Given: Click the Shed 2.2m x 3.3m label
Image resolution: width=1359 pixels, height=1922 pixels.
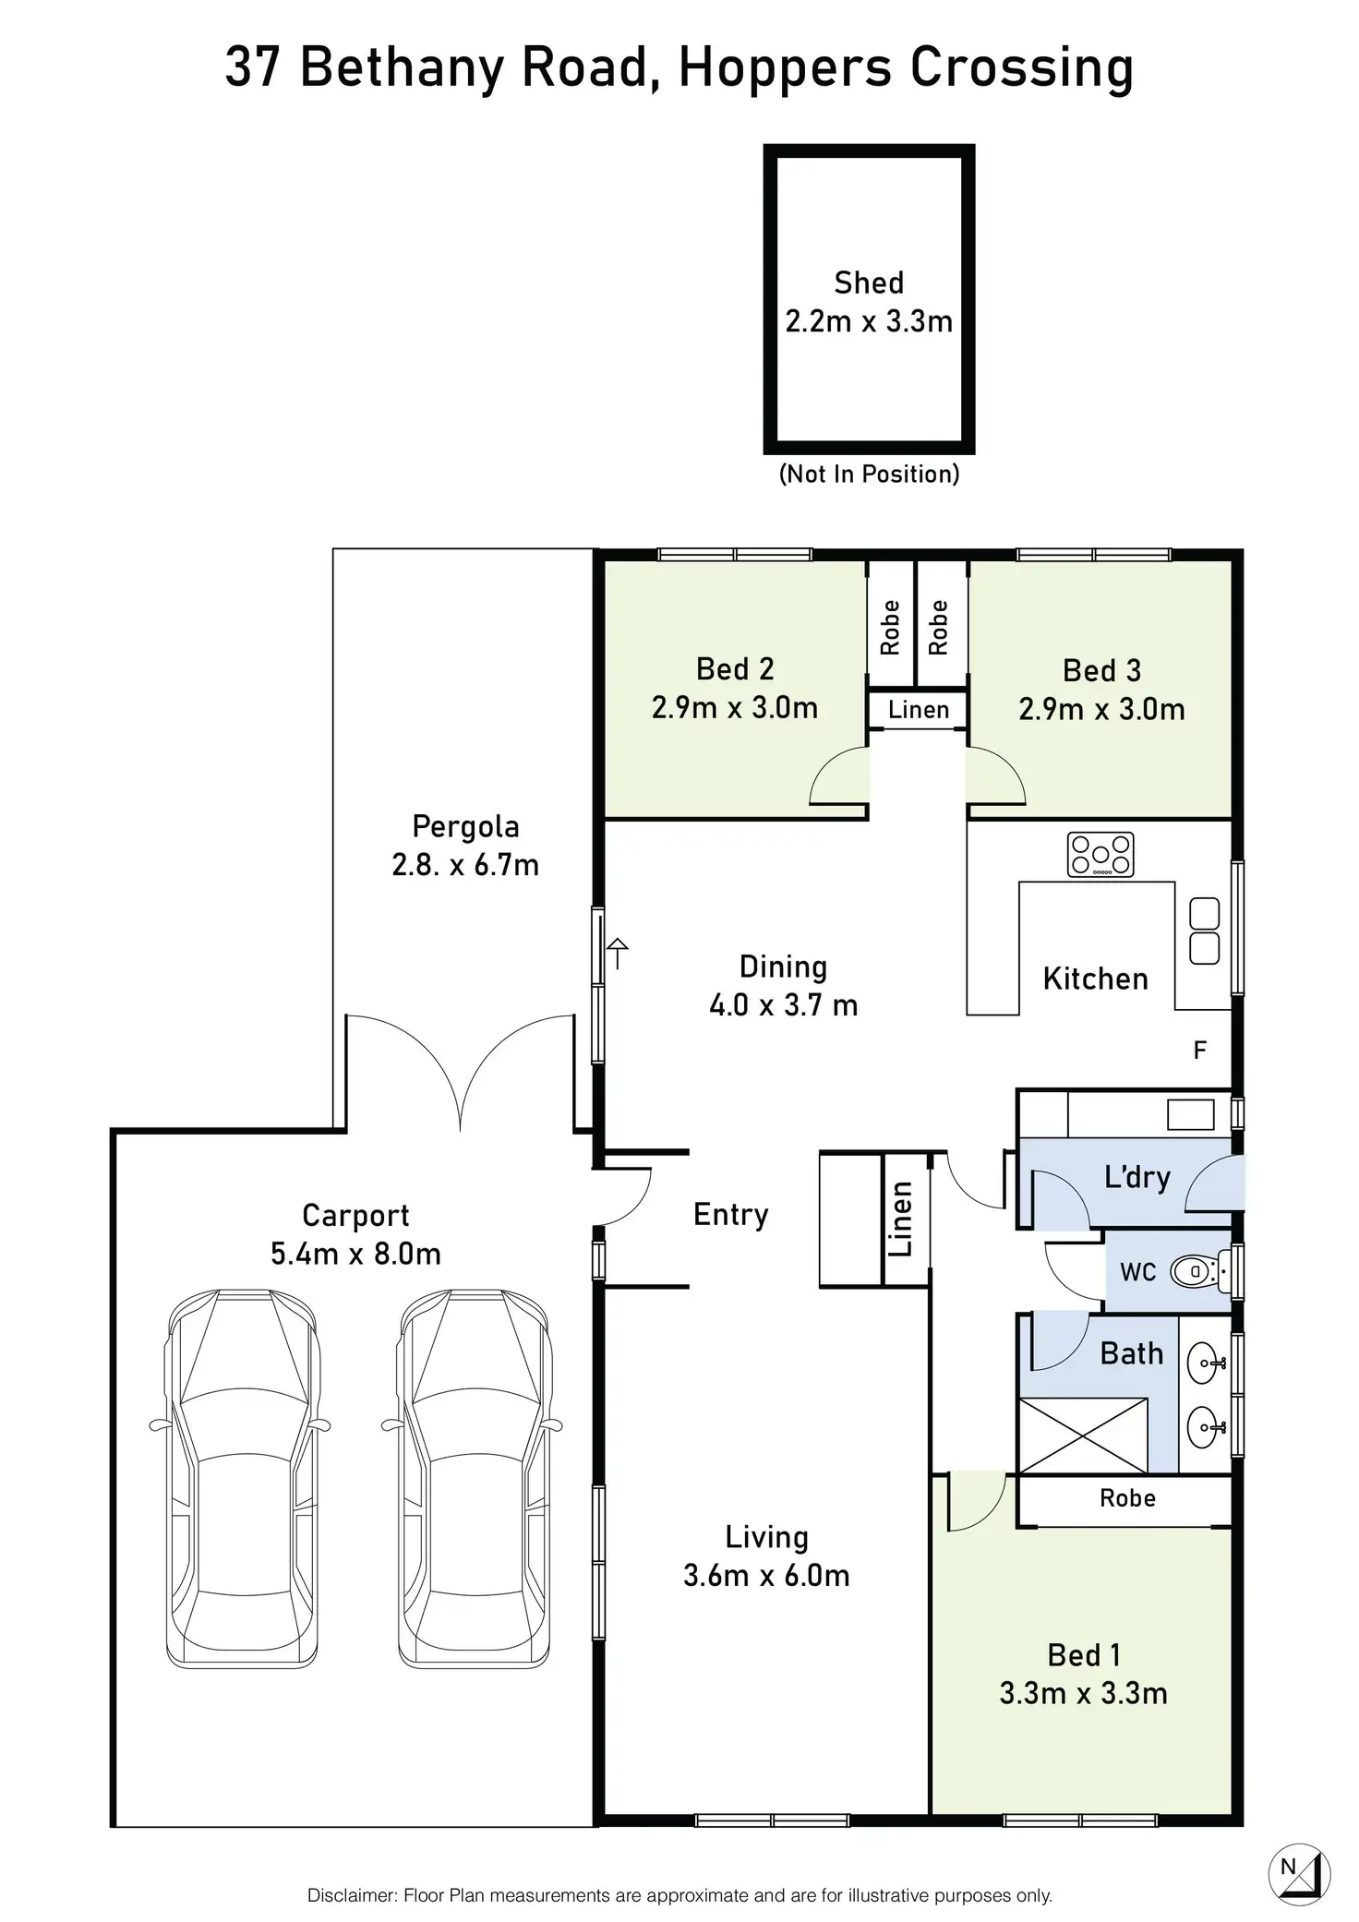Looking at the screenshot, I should tap(868, 302).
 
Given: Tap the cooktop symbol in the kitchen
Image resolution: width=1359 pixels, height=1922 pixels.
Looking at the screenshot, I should tap(1100, 854).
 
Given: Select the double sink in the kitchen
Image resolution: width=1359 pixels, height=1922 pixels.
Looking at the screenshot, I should tap(1204, 931).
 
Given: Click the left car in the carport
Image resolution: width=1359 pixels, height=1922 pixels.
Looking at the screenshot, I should tap(242, 1477).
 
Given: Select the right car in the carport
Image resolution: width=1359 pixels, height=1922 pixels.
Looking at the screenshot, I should tap(474, 1477).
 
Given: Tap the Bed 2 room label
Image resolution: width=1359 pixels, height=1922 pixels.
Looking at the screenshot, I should tap(735, 668).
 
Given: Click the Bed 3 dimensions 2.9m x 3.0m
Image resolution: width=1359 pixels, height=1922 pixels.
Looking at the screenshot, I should tap(1101, 709).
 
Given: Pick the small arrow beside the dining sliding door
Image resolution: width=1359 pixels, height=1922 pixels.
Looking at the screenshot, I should tap(618, 952).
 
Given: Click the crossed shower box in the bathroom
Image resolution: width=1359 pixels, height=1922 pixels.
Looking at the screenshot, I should tap(1083, 1435).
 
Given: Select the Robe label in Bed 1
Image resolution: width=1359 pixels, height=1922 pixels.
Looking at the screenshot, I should tap(1127, 1498).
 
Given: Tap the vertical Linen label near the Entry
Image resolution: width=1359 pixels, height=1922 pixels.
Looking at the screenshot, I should tap(901, 1219).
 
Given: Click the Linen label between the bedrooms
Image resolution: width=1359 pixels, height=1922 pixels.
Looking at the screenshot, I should tap(919, 710).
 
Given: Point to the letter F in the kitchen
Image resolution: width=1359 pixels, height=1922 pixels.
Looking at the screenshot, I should tap(1200, 1051).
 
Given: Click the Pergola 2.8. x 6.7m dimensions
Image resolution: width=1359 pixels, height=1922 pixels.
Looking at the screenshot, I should tap(465, 865).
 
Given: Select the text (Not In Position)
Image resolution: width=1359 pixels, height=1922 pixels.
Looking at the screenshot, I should tap(869, 474).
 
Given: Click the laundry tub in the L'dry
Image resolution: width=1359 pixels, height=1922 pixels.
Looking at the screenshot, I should tap(1190, 1114).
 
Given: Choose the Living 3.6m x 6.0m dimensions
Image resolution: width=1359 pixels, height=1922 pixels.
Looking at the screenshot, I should tap(766, 1575).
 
